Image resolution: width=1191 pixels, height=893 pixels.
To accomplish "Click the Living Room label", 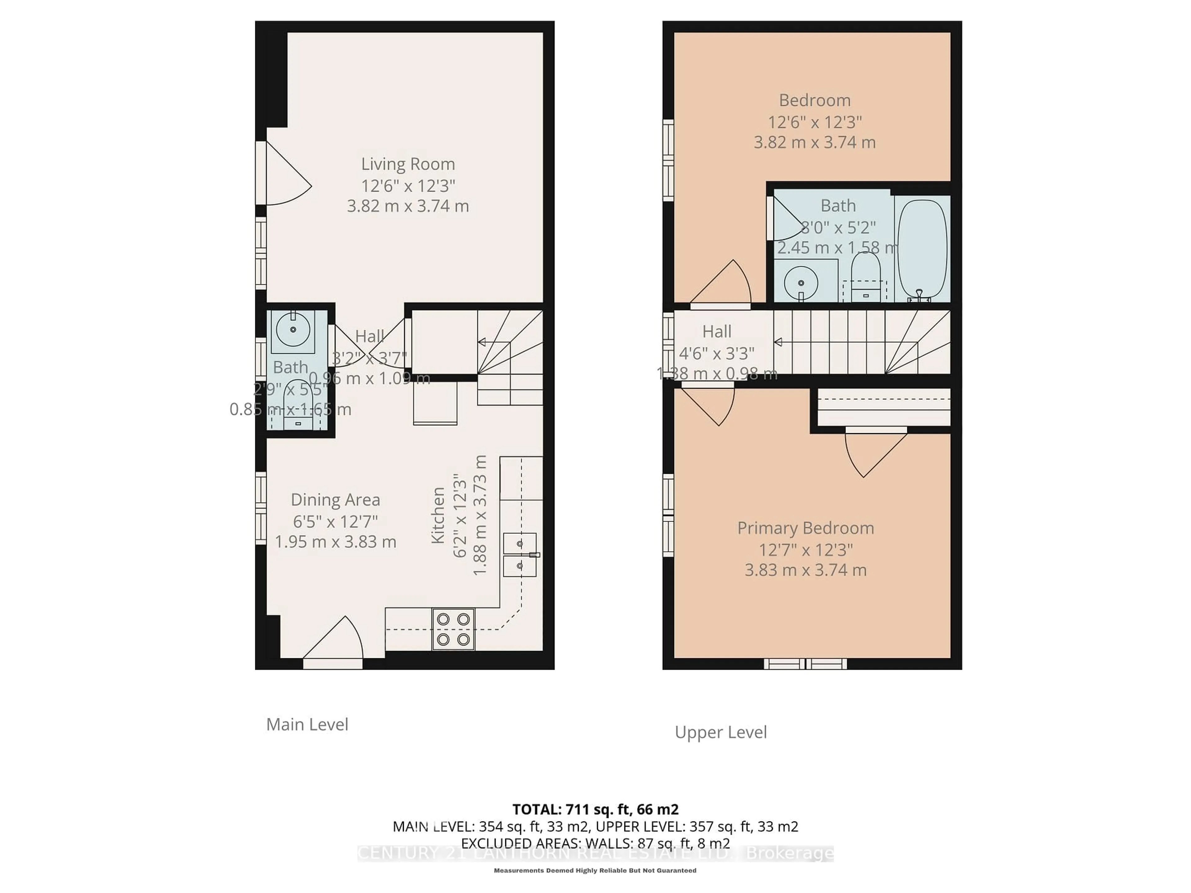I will tap(408, 164).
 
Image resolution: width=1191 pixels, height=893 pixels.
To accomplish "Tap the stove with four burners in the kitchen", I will tap(453, 629).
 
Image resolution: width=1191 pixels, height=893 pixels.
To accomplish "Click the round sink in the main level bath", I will tap(293, 329).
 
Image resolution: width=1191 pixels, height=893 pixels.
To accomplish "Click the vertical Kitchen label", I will tap(438, 515).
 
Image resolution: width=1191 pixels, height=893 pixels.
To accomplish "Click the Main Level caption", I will tap(307, 725).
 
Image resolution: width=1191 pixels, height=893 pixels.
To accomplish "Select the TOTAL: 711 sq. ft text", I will tap(595, 810).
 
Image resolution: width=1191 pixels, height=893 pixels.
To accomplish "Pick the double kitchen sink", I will tap(520, 554).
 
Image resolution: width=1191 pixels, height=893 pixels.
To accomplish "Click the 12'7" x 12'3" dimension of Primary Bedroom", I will tap(805, 549).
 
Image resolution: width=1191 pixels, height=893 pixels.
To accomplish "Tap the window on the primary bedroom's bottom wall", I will tap(805, 664).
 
